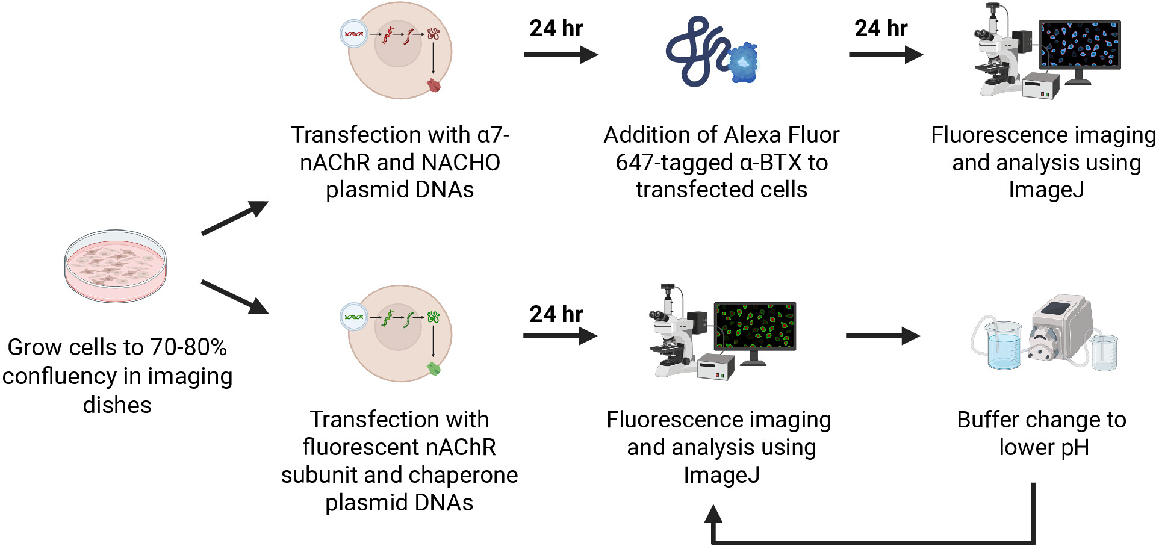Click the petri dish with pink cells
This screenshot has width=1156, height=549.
(x=115, y=265)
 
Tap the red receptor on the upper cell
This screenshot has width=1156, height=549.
(x=433, y=85)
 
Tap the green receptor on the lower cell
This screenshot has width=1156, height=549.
(x=433, y=368)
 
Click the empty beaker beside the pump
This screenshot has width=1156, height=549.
(x=1104, y=352)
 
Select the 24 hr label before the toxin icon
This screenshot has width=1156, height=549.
(x=556, y=28)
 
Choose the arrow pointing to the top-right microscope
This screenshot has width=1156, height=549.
(x=886, y=55)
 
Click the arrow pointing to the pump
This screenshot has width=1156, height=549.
(x=883, y=336)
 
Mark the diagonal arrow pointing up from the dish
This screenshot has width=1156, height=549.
(x=235, y=217)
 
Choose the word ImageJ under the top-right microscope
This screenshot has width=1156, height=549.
(x=1046, y=190)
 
